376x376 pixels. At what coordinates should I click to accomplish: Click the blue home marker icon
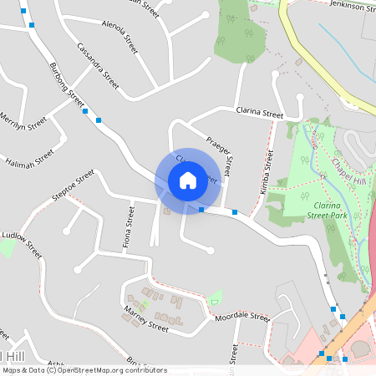(188, 180)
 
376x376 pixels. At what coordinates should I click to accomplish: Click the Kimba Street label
(267, 172)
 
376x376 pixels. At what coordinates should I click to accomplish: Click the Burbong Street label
(67, 84)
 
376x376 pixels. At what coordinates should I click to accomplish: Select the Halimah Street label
(29, 156)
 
